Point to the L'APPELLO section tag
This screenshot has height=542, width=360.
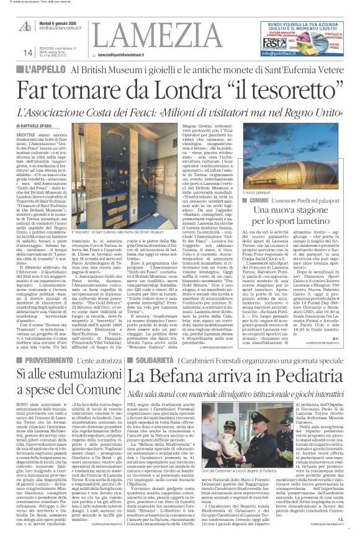[45, 69]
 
